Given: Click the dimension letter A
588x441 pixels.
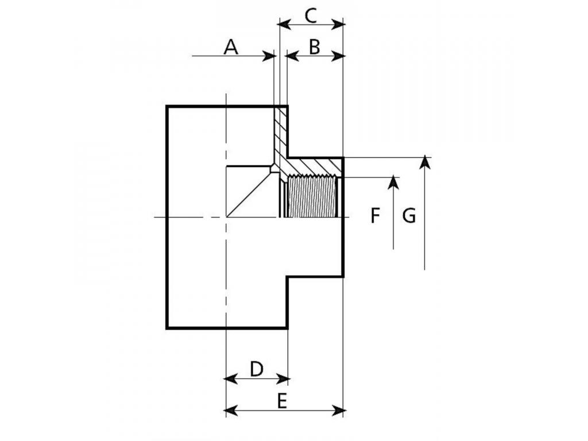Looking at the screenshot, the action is pos(231,47).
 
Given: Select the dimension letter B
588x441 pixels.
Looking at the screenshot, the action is pos(314,47).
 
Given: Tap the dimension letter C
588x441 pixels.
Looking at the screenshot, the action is pos(311,16).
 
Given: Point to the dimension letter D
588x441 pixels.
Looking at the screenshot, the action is pos(257,369).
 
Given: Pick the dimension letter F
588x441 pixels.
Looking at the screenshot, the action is pos(375,216).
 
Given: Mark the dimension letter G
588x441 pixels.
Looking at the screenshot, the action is pos(409,216).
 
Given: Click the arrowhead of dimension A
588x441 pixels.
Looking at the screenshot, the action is pos(269,56).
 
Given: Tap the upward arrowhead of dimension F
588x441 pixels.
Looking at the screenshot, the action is pos(393,182).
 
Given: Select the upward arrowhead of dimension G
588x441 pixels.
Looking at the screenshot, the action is pos(424,162).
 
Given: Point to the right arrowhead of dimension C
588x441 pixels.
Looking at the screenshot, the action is pos(337,25).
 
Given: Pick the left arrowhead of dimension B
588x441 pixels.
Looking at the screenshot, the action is pos(292,57).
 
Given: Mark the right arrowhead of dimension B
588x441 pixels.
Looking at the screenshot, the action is pos(337,57).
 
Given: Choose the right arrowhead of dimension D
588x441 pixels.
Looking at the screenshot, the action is pos(283,379).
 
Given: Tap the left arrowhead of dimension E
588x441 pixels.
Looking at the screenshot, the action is pos(231,411).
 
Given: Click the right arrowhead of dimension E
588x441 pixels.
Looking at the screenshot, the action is pos(338,411).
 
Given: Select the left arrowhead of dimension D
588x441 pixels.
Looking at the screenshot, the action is pos(231,379).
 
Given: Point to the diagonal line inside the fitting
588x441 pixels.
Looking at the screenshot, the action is pos(249,194).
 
